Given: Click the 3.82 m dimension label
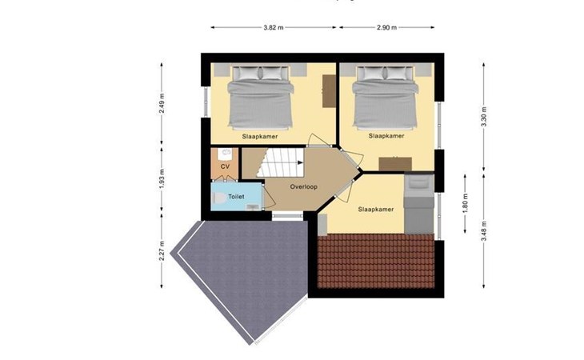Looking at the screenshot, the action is tap(274, 27).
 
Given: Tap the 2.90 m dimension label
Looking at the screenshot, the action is tap(386, 27).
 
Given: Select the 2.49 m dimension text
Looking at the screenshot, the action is tap(162, 104).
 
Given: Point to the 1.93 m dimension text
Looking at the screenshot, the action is tap(162, 179).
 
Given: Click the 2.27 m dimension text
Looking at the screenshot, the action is tap(162, 250).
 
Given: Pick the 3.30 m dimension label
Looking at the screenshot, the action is tap(484, 117).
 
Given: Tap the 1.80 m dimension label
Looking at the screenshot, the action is tap(465, 204).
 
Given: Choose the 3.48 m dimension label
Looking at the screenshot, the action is tap(484, 231).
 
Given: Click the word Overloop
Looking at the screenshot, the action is tap(304, 187).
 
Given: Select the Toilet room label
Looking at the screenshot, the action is tap(236, 196).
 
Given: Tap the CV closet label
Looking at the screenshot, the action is tap(225, 166).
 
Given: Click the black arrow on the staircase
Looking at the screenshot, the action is tap(300, 162).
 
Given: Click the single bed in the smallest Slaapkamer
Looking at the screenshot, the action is tap(419, 204).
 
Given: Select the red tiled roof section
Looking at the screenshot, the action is tap(376, 261).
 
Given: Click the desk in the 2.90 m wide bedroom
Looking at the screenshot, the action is tap(395, 164).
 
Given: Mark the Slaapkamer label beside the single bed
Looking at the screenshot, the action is tap(376, 210).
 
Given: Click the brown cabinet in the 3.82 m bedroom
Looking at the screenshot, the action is tap(329, 91).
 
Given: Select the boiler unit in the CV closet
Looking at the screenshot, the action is tap(225, 153).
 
